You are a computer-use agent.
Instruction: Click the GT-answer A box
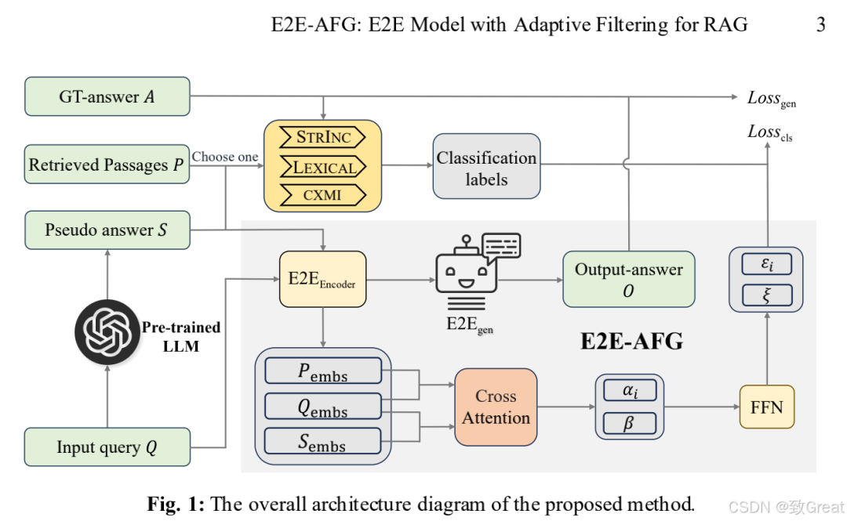point(107,96)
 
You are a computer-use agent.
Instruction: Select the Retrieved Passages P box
point(107,165)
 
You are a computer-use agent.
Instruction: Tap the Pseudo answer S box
point(107,230)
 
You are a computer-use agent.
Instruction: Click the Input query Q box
point(107,447)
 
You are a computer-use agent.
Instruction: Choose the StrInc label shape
point(322,138)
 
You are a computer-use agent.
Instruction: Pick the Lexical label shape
point(322,166)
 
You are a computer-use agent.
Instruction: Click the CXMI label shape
point(322,194)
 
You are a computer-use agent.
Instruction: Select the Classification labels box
point(486,168)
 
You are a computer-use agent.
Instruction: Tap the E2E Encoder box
point(322,279)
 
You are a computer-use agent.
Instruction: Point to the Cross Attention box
point(496,407)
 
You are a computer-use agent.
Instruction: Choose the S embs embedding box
point(322,440)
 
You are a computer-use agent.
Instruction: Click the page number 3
point(820,24)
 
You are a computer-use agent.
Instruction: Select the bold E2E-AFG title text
point(631,342)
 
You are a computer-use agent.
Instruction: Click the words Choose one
point(225,157)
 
